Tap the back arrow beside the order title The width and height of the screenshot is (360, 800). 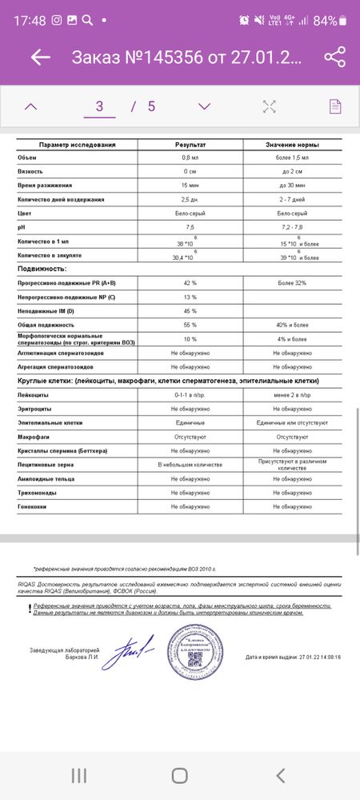pos(40,58)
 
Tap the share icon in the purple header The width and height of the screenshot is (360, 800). pos(334,57)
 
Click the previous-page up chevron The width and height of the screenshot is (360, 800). pos(30,106)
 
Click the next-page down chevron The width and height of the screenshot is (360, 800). pos(204,106)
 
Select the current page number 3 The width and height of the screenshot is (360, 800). pos(99,106)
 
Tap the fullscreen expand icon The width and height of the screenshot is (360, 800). pos(270,106)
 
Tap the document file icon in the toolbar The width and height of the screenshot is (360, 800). pos(336,106)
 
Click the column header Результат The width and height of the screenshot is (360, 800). pos(190,145)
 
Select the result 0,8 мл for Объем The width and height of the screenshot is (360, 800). pos(190,158)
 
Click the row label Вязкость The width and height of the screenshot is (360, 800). pos(30,172)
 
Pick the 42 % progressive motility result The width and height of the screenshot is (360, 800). pos(190,283)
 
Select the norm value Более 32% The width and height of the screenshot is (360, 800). pos(293,283)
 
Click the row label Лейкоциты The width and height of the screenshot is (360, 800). pos(34,395)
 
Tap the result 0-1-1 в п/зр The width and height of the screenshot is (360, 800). pos(190,395)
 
